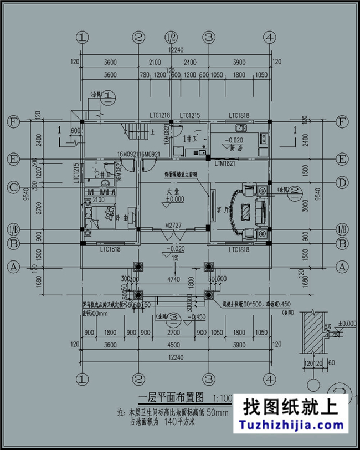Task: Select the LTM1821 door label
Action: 225,164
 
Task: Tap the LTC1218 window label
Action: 160,115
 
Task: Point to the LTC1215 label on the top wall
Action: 189,115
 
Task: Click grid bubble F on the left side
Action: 12,121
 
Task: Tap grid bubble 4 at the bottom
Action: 270,380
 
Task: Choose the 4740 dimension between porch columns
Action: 173,280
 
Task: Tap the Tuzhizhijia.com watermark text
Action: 292,426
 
